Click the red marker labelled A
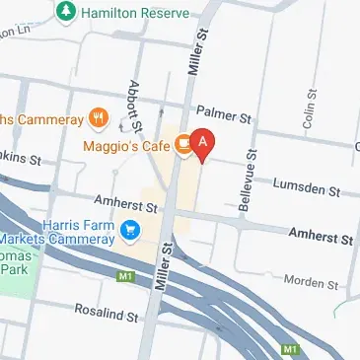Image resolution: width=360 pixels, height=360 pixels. [x=202, y=144]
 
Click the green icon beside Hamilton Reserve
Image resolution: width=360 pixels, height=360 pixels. [x=66, y=12]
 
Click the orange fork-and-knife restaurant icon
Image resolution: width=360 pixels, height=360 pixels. [x=98, y=119]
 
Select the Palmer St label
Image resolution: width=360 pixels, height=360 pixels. [x=224, y=114]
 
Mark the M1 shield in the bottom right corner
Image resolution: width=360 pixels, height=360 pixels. [x=289, y=349]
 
